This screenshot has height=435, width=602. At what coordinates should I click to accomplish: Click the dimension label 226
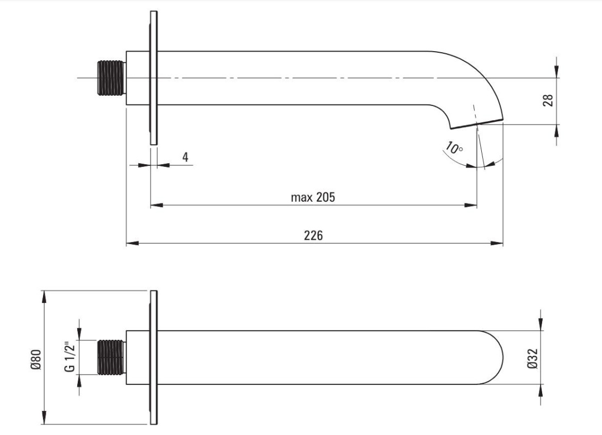point(313,235)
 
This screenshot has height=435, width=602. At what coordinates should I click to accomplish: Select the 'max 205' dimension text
point(313,197)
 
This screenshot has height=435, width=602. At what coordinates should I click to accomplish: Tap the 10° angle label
point(455,147)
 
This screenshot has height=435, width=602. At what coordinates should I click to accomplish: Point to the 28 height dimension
point(548,100)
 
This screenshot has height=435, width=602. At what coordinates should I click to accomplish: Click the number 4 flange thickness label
point(185,157)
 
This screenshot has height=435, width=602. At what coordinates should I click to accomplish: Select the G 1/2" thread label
point(70,357)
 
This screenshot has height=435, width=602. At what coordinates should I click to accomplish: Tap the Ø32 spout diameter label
point(532,358)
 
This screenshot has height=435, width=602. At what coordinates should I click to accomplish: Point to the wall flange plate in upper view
point(153,78)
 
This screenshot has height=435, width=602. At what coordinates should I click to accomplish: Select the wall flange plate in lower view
point(153,357)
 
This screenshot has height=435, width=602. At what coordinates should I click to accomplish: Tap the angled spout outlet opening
point(476,123)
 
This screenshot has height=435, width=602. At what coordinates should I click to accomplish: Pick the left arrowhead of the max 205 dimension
point(157,205)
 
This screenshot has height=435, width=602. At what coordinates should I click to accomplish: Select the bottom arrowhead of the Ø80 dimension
point(44,418)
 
